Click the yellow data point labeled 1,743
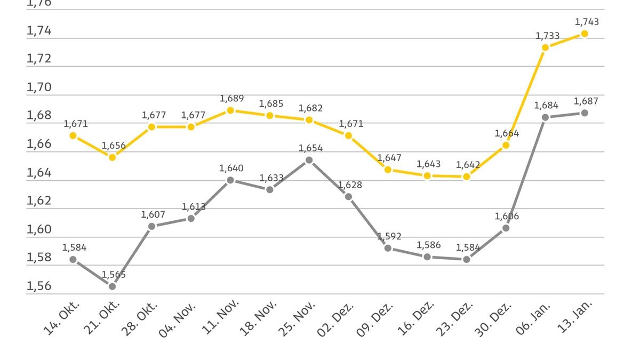point(585,34)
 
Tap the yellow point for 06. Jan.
point(545,47)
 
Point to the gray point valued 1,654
point(309,160)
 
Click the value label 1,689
point(231,99)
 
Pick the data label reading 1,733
point(548,36)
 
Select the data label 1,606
point(507,216)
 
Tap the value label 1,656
point(114,146)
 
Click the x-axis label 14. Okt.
point(62,319)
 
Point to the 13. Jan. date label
point(574,319)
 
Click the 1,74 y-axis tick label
point(39,31)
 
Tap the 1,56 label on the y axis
point(39,286)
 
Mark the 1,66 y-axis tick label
point(39,144)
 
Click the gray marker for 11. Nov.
point(230,180)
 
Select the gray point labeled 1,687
point(585,113)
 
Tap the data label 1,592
point(389,236)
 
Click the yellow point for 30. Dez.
point(506,145)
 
